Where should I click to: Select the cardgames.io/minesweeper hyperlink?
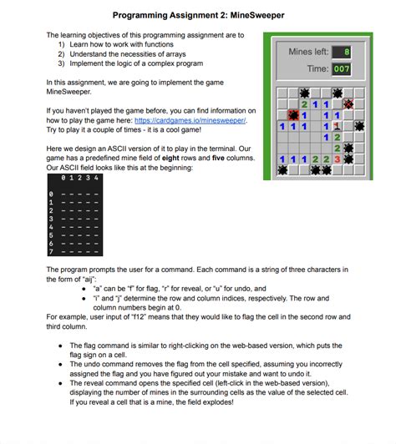[200, 119]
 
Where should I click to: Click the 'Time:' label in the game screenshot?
[316, 69]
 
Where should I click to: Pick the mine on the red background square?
[293, 115]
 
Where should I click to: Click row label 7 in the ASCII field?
[51, 250]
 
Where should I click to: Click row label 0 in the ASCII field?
[51, 194]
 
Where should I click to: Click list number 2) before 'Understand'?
[61, 53]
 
